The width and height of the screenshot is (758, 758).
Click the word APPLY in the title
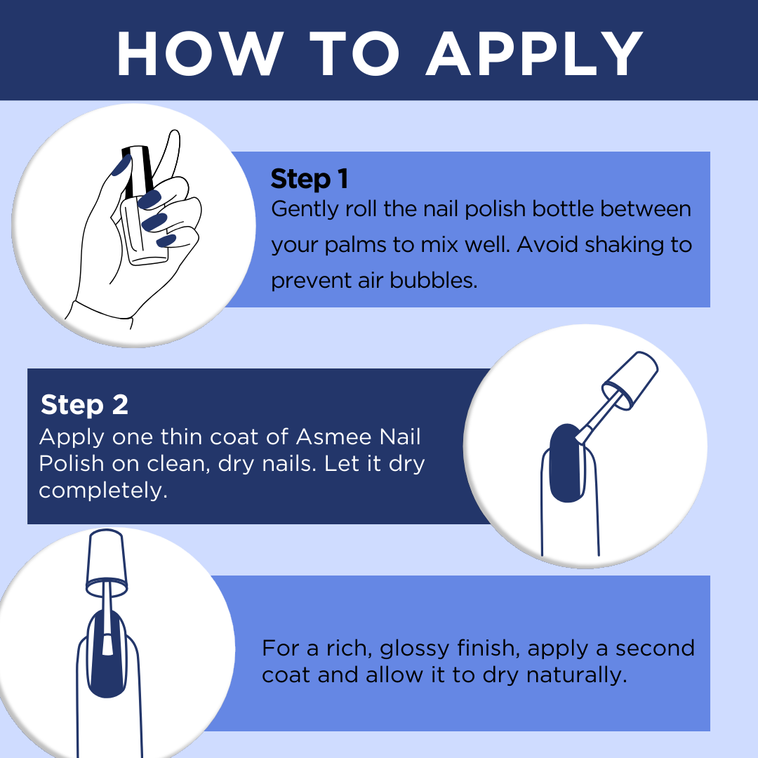534,53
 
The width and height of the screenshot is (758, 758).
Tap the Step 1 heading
310,179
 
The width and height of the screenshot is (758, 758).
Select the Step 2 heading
85,404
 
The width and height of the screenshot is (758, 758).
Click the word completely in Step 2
103,491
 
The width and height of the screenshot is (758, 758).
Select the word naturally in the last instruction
576,675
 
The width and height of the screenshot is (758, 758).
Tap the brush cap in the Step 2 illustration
630,380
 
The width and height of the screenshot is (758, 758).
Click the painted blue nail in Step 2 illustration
566,464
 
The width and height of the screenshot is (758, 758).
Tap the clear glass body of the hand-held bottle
144,232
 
